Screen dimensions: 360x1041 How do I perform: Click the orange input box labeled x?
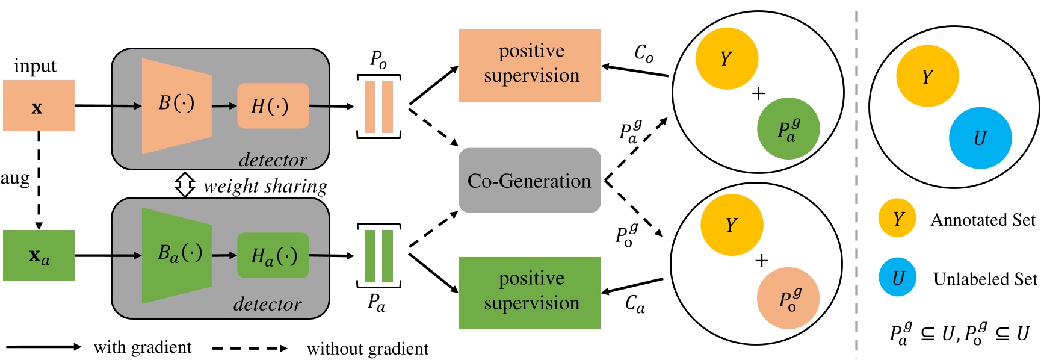tap(39, 106)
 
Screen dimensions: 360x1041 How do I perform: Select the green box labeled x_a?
tap(39, 255)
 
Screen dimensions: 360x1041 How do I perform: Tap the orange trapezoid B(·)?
tap(176, 105)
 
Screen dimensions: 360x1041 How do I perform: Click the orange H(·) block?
tap(273, 106)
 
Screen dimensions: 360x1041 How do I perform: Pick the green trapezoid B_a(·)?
tap(176, 255)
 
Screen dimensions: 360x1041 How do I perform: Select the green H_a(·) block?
tap(273, 256)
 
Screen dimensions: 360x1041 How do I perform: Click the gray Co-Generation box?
tap(530, 181)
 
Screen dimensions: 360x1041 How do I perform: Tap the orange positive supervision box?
tap(530, 65)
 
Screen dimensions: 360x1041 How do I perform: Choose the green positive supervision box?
tap(530, 293)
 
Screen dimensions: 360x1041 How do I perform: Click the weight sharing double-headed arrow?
tap(185, 185)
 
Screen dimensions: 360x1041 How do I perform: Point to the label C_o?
tap(643, 54)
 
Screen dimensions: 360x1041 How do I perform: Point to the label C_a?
tap(634, 303)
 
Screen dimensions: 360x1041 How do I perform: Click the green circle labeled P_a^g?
tap(788, 129)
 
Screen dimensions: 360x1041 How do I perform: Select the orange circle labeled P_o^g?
tap(788, 299)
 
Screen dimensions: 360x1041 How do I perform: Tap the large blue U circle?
tap(980, 138)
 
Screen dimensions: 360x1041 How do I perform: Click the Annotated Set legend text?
tap(983, 220)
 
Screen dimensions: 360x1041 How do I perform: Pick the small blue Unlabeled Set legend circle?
tap(897, 278)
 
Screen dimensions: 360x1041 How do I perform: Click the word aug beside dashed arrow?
tap(15, 178)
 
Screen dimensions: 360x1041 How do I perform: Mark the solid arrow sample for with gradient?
tap(43, 347)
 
